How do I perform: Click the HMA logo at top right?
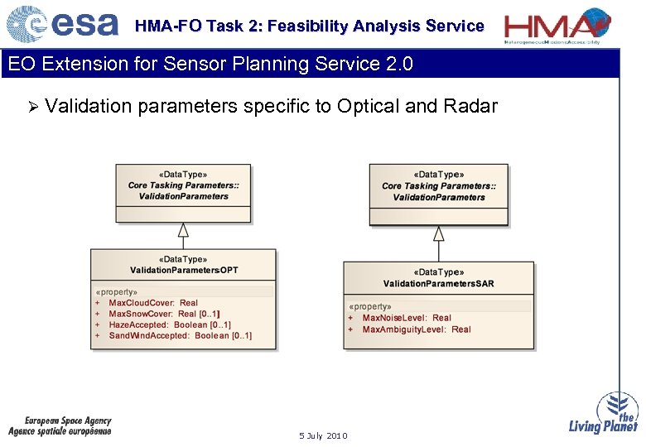558,24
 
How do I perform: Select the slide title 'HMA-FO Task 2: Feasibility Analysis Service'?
309,26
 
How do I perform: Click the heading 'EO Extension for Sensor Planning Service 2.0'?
210,65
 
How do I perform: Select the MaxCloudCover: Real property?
153,303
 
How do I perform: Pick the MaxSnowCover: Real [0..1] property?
164,314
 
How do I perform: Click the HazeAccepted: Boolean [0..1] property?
170,324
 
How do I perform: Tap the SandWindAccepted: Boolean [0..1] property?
180,335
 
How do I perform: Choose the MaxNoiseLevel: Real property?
407,318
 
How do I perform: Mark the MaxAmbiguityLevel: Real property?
416,329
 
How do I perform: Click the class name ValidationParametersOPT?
184,271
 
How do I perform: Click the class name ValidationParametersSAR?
438,284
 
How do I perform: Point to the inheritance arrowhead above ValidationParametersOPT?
184,229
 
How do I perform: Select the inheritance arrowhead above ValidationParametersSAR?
439,233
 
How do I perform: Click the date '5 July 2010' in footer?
323,435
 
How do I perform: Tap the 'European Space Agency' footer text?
67,421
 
